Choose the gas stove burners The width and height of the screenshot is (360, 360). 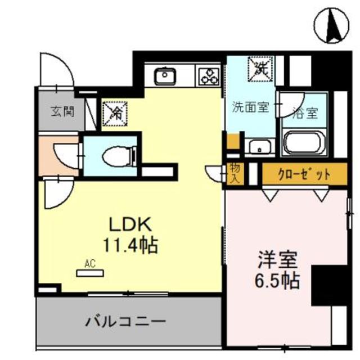coord(208,75)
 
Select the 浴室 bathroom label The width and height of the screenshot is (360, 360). coord(305,112)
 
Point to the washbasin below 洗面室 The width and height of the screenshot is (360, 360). coord(259,147)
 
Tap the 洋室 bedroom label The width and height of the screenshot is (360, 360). coord(278,260)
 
